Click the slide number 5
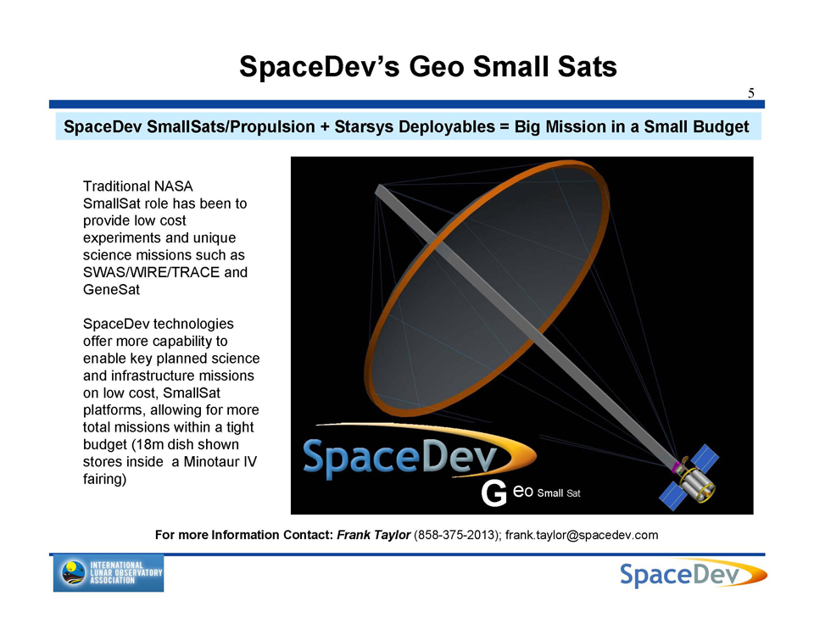point(750,93)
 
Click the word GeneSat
point(111,289)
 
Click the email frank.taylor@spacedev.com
point(582,535)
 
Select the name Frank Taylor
point(374,535)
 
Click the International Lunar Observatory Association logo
point(109,573)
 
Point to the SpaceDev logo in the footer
point(693,574)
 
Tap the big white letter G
point(493,493)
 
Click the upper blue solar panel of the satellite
point(705,458)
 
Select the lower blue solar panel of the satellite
point(672,496)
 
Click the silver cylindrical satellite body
point(695,482)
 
